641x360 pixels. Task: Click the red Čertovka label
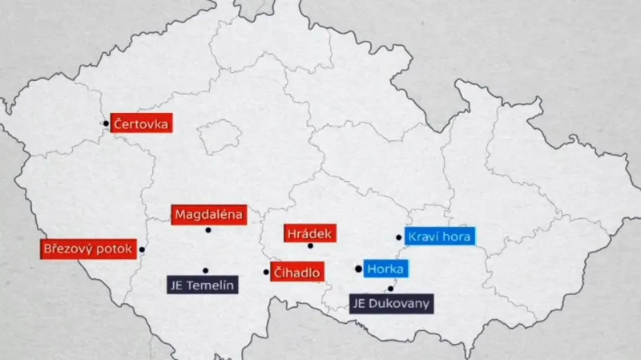141,123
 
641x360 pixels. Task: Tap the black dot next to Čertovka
106,123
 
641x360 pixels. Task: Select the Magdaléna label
208,215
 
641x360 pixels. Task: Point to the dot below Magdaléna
208,230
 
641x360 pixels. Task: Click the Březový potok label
87,249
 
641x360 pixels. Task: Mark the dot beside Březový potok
142,249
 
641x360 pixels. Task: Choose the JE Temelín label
202,285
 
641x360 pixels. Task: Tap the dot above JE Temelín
205,270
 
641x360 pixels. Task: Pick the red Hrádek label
309,233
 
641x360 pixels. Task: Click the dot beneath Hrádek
310,245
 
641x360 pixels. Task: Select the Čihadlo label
296,273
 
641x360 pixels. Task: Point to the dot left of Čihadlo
266,272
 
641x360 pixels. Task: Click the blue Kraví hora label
440,237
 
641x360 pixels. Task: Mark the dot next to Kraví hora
398,237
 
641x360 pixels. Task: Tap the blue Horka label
385,269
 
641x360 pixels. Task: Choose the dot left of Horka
358,269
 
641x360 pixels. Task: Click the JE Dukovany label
392,304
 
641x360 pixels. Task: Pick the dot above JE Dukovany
390,289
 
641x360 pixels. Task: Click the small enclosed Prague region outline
219,137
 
